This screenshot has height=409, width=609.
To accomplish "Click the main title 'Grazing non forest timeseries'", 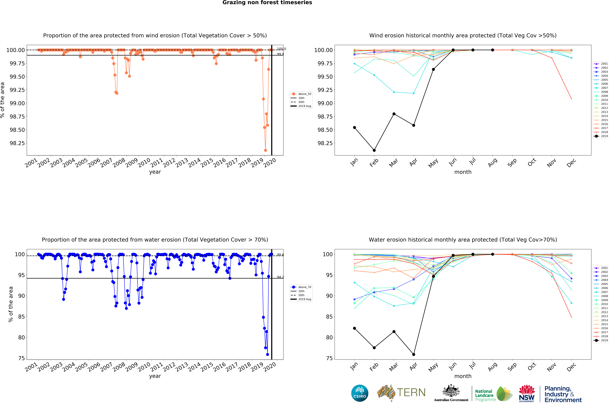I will (267, 3).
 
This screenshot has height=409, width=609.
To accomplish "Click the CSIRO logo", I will (360, 393).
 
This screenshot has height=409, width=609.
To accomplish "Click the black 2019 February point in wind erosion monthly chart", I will (374, 150).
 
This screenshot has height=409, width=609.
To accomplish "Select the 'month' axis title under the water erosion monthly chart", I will (463, 376).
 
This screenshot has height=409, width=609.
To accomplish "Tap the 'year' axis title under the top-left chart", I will (155, 172).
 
